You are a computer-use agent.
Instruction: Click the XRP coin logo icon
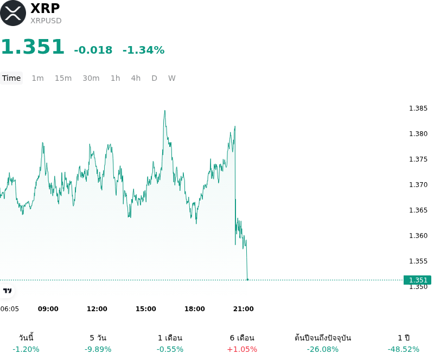(x=12, y=13)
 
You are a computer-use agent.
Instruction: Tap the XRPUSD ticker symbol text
(x=46, y=21)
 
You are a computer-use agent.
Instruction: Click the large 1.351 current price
(x=33, y=47)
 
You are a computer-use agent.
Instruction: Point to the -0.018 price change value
(x=93, y=50)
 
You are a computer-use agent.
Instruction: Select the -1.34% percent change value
(x=144, y=50)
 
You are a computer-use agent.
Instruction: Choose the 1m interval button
(x=37, y=78)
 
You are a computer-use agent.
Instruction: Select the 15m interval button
(x=63, y=78)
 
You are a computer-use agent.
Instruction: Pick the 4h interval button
(x=136, y=78)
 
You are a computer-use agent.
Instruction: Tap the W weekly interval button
(x=171, y=78)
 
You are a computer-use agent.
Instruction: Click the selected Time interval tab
(x=11, y=78)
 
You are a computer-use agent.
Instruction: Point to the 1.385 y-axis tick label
(x=418, y=108)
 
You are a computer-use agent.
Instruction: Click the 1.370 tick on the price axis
(x=418, y=184)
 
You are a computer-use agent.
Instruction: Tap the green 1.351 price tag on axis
(x=417, y=280)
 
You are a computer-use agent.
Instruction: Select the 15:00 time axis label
(x=146, y=309)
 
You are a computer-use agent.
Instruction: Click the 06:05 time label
(x=10, y=309)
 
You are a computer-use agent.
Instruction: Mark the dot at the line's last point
(x=247, y=280)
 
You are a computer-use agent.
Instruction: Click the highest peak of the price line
(x=165, y=111)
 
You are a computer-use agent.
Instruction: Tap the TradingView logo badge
(x=7, y=291)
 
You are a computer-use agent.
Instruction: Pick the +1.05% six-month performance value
(x=242, y=350)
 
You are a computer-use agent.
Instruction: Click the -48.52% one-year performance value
(x=404, y=350)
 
